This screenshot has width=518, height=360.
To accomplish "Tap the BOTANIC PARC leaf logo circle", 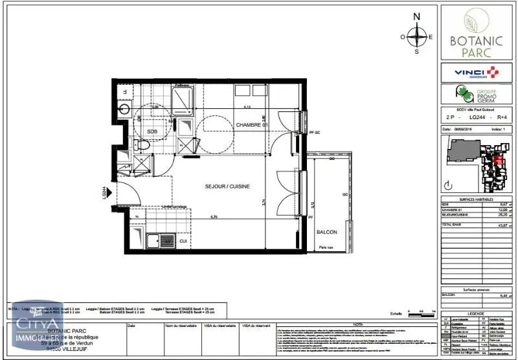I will pos(477,18).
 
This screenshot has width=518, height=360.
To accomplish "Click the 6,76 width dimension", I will pos(212,217).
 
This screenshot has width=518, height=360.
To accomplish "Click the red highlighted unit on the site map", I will pos(498,161).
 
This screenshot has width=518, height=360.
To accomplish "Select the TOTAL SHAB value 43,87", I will pos(500,225).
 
